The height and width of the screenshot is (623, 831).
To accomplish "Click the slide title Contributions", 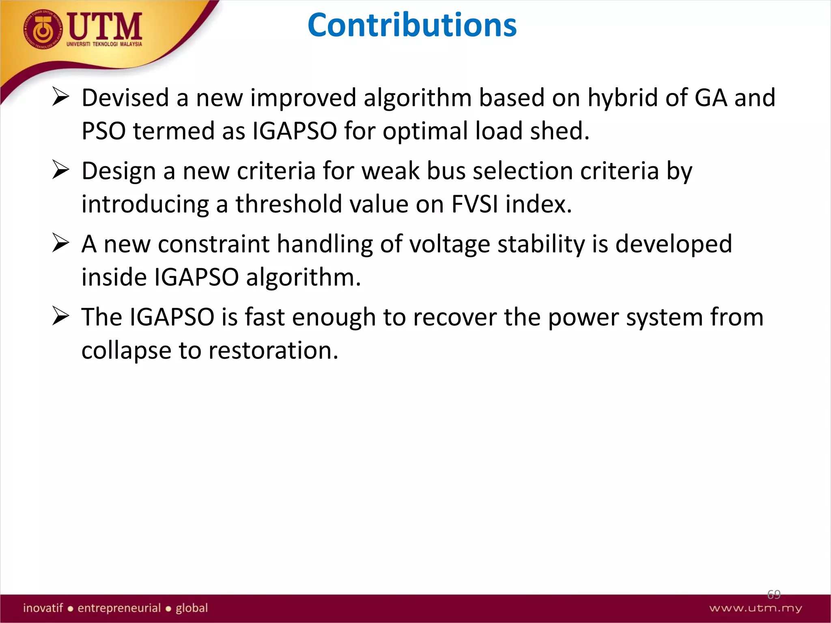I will coord(412,25).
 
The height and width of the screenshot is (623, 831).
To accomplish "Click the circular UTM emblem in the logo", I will coord(43,30).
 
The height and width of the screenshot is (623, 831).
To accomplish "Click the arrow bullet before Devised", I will coord(61,97).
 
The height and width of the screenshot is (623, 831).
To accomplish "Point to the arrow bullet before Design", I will coord(61,170).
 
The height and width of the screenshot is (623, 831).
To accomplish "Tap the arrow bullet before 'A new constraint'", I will coord(61,243).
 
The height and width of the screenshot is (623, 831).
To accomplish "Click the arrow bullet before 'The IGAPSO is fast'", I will coord(61,316).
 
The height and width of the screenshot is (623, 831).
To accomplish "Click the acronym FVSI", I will coord(474,204).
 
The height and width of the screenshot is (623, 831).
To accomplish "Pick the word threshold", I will coord(288,204).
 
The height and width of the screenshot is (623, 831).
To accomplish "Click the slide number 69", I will coord(773,595).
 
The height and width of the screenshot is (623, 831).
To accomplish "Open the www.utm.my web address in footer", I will coord(756,608).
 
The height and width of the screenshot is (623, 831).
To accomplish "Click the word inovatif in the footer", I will coord(43,608).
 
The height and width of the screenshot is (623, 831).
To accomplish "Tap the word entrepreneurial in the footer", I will coord(119,608).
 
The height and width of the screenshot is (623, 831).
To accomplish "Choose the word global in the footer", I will coord(192,608).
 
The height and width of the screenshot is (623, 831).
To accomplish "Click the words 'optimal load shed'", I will coord(486,131).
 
